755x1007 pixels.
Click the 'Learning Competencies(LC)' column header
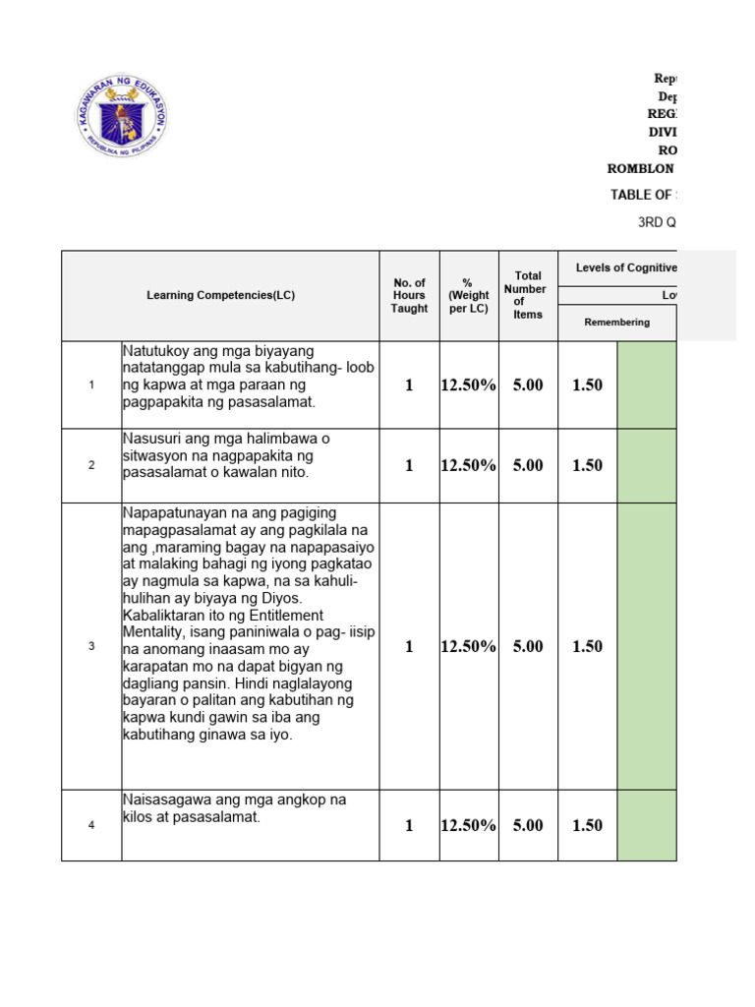click(x=220, y=295)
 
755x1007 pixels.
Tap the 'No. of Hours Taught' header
click(x=409, y=295)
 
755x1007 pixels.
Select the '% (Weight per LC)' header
click(x=469, y=295)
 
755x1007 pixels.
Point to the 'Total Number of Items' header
click(x=528, y=295)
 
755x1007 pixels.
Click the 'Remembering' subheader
click(x=616, y=323)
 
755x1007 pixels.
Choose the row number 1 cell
click(x=91, y=385)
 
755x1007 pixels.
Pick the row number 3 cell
click(x=91, y=646)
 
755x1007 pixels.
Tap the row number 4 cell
click(x=91, y=825)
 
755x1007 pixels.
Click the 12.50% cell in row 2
click(x=469, y=465)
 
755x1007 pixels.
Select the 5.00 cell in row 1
click(x=528, y=385)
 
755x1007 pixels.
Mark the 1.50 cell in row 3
click(x=587, y=646)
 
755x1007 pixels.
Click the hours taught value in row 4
click(x=409, y=825)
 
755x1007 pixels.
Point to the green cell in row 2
click(x=647, y=465)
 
